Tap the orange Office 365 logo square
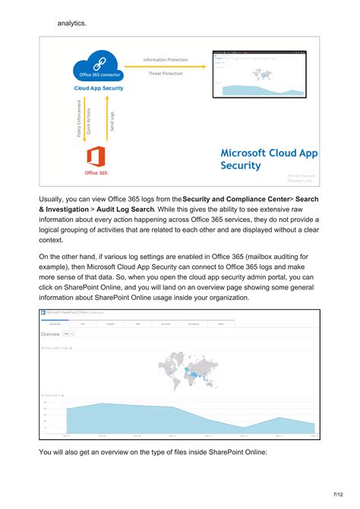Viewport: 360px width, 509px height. [96, 157]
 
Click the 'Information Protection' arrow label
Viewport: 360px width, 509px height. [166, 59]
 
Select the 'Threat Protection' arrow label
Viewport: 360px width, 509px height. [166, 74]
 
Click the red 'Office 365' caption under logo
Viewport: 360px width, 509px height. [96, 173]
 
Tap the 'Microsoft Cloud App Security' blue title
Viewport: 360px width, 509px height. [268, 159]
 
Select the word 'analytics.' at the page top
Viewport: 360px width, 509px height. [72, 23]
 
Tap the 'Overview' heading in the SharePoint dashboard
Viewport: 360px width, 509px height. [50, 334]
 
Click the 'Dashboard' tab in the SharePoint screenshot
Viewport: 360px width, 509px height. [55, 323]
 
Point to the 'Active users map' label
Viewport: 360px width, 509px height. [55, 349]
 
